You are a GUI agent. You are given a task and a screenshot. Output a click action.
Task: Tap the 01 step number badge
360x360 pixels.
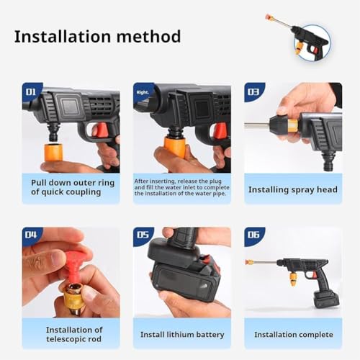point(32,92)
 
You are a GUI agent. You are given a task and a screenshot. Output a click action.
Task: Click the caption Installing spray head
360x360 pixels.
point(292,189)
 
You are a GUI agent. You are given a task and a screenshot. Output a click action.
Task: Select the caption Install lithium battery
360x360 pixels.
point(181,334)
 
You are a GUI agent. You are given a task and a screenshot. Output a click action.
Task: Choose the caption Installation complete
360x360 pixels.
point(292,334)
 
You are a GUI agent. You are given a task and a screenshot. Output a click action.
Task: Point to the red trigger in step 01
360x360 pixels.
point(102,130)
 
